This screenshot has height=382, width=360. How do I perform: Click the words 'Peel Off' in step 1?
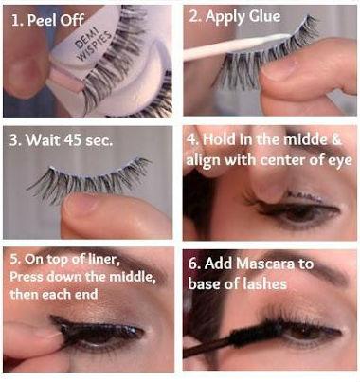pyautogui.click(x=56, y=21)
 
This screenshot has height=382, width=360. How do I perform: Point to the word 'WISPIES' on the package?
pyautogui.click(x=95, y=45)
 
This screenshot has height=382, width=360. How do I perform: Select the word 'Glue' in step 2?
pyautogui.click(x=264, y=17)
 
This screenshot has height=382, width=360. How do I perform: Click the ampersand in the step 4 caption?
pyautogui.click(x=336, y=139)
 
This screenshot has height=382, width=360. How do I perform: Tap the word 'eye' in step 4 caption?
pyautogui.click(x=342, y=161)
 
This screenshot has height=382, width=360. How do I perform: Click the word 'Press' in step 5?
pyautogui.click(x=27, y=277)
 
